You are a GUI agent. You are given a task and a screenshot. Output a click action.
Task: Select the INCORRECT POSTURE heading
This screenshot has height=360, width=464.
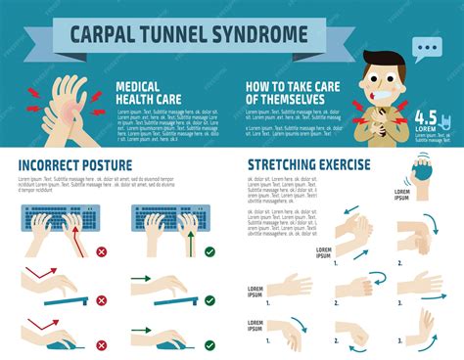[x=75, y=164]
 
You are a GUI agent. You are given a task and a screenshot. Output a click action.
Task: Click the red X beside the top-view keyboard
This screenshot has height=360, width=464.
[x=101, y=251]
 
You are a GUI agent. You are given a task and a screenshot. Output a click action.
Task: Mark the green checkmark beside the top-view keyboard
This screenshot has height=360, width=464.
[x=209, y=251]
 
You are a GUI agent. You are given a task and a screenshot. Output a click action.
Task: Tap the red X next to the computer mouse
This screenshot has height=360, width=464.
[x=101, y=340]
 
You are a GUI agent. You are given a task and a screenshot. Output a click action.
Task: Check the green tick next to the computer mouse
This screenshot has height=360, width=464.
[x=209, y=340]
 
